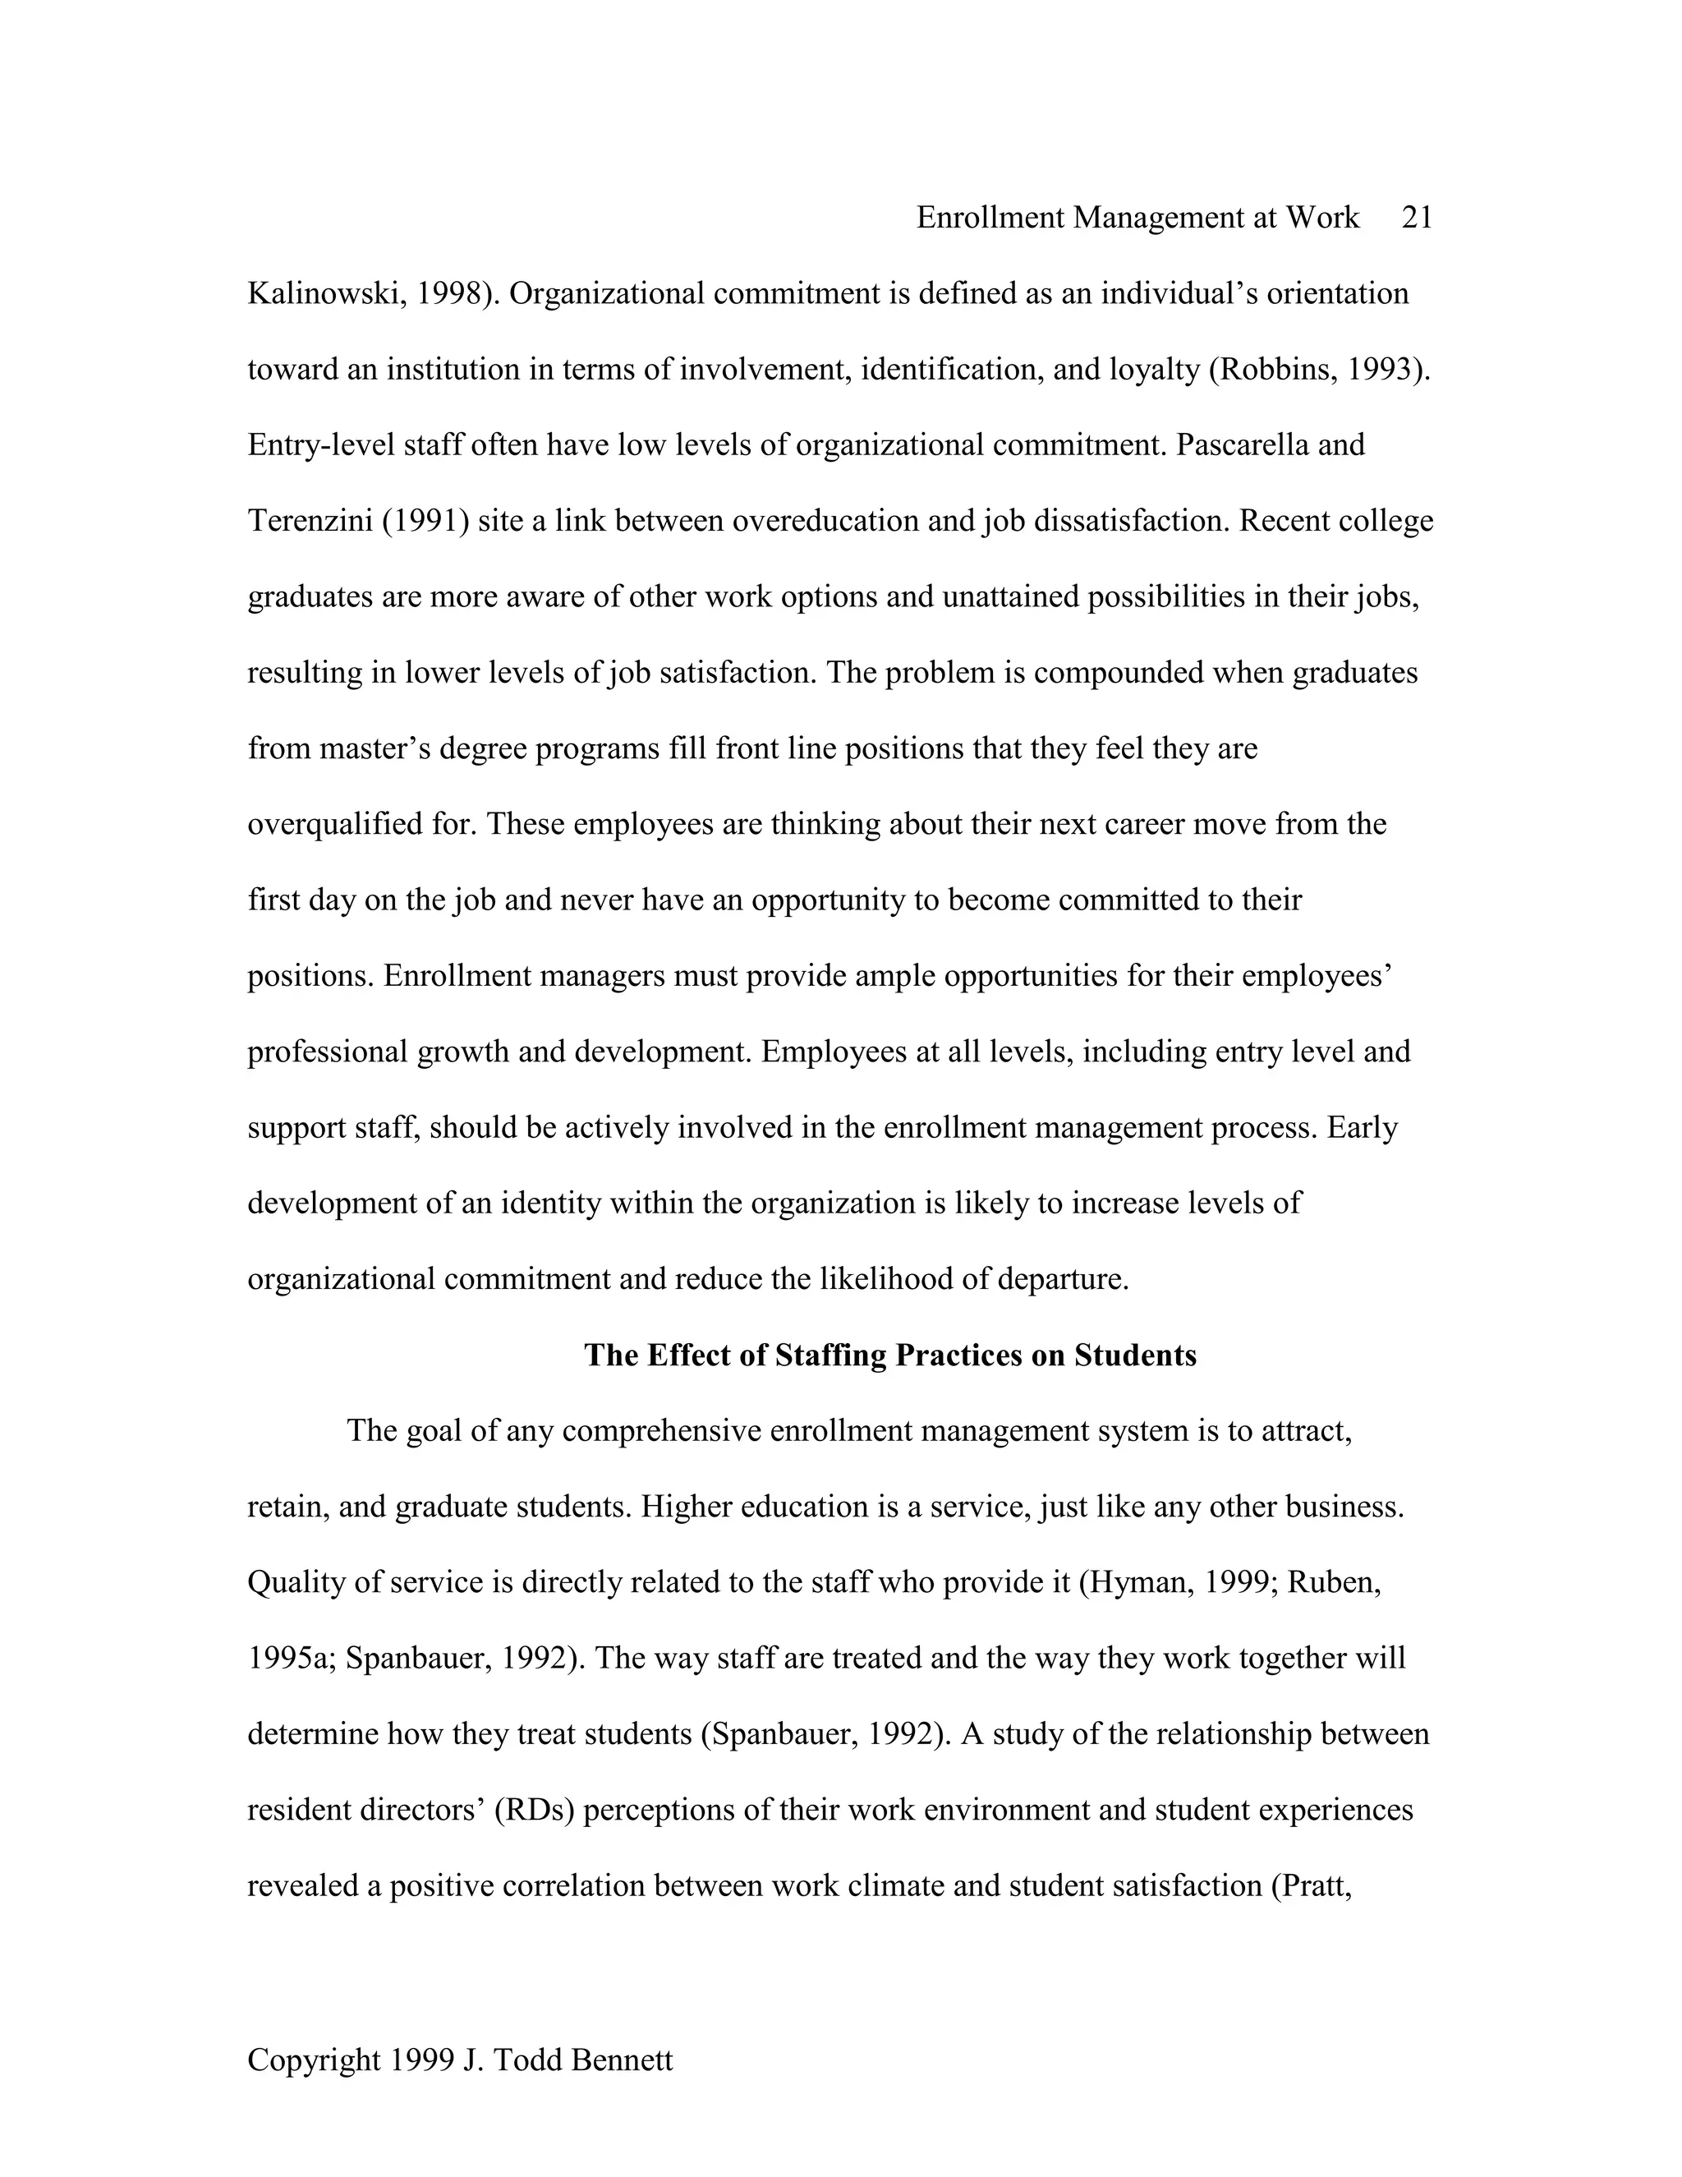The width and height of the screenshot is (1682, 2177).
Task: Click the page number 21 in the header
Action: click(x=1416, y=218)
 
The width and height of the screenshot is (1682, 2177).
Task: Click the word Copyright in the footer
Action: click(x=314, y=2060)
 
